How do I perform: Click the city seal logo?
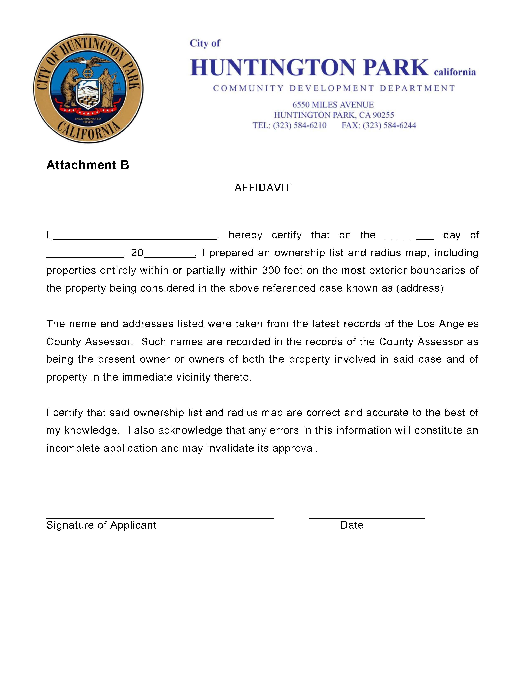coord(88,88)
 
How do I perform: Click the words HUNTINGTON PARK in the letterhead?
coord(309,68)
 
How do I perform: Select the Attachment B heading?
coord(87,165)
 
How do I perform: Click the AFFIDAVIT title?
coord(263,188)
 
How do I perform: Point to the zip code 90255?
coord(383,115)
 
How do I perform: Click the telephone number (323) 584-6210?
coord(300,125)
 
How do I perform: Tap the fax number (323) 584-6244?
coord(389,125)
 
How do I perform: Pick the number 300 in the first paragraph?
coord(271,270)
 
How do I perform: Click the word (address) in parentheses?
coord(420,288)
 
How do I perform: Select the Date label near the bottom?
coord(352,525)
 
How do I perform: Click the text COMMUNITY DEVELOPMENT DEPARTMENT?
coord(334,88)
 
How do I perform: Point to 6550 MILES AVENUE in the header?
coord(333,105)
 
